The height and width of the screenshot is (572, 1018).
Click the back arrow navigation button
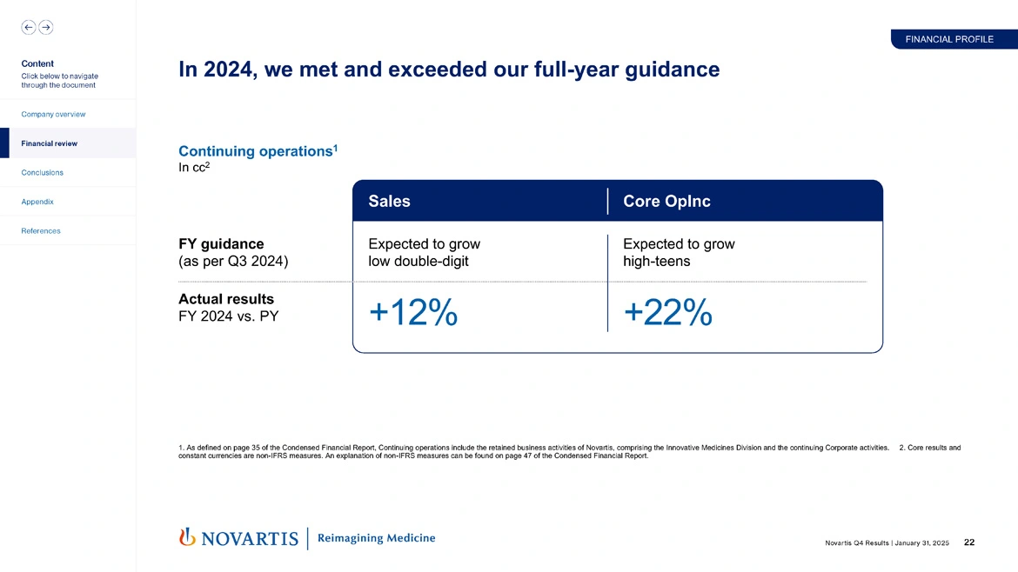(29, 27)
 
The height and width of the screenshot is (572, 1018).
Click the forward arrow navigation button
(46, 27)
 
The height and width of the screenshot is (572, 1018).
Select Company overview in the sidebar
(53, 114)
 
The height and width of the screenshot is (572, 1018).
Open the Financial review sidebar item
(49, 143)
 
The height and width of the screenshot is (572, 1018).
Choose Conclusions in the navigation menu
(42, 172)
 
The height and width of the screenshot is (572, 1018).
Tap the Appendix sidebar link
(37, 202)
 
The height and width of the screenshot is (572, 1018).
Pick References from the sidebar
(40, 230)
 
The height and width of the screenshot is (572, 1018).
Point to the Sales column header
(389, 201)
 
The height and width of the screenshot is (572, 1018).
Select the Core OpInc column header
(666, 201)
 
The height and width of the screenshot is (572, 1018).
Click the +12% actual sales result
(413, 313)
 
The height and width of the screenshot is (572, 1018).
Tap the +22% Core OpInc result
(667, 313)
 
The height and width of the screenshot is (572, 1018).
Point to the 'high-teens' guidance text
(656, 261)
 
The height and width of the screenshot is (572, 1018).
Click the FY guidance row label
(220, 244)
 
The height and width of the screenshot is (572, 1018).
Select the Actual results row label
(225, 299)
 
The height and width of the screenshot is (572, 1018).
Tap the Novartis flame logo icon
(186, 537)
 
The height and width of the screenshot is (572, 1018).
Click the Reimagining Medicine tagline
(376, 538)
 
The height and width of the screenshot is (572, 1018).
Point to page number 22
(969, 542)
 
